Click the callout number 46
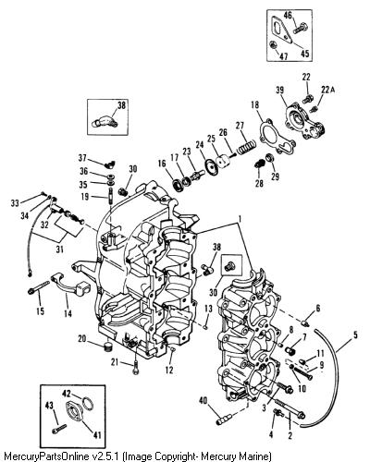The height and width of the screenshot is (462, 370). click(288, 15)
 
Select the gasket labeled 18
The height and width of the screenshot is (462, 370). click(276, 136)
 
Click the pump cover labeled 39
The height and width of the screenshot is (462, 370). click(304, 122)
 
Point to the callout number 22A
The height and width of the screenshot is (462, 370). click(327, 90)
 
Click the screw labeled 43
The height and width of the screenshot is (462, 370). click(59, 429)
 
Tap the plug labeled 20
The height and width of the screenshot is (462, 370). click(107, 346)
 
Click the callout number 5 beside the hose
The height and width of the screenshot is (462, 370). click(355, 334)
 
